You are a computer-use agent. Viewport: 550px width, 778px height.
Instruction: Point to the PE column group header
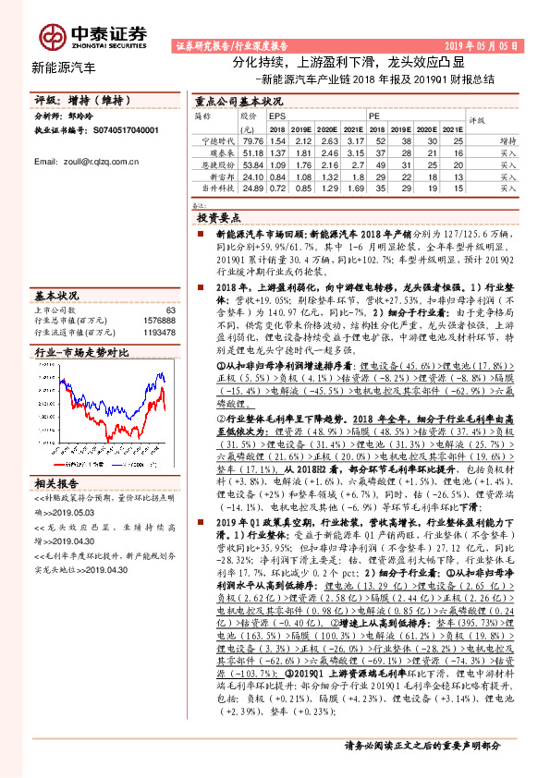(x=375, y=118)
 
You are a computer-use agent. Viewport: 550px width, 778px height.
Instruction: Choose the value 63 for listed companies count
(x=169, y=310)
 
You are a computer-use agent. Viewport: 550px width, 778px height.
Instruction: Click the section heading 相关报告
(x=58, y=483)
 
